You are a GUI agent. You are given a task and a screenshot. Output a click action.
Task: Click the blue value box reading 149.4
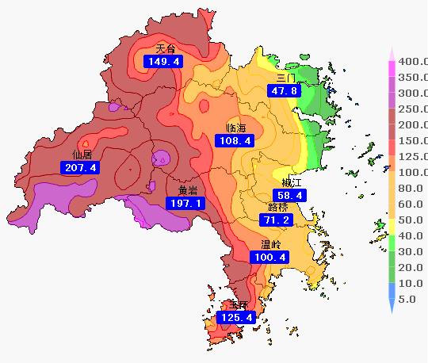click(x=162, y=61)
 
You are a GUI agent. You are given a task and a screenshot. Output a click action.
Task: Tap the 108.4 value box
click(x=234, y=140)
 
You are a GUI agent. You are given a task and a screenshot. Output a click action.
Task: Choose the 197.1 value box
click(x=185, y=203)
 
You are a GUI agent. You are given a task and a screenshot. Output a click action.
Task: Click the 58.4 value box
click(x=289, y=195)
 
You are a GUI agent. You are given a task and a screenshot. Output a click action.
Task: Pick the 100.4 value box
click(x=269, y=258)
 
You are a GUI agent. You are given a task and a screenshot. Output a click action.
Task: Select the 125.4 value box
click(x=235, y=318)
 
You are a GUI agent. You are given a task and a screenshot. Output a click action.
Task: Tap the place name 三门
click(x=285, y=78)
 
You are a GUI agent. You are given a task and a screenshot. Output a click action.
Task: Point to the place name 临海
click(x=235, y=128)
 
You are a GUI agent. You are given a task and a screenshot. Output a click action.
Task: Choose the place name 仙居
click(x=82, y=155)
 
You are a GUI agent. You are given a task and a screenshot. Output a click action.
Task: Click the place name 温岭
click(x=270, y=245)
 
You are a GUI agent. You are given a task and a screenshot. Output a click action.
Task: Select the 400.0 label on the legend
click(x=412, y=61)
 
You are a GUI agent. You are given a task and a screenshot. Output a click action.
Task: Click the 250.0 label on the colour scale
click(x=412, y=109)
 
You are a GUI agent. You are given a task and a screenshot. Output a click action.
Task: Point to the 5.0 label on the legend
click(x=407, y=299)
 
